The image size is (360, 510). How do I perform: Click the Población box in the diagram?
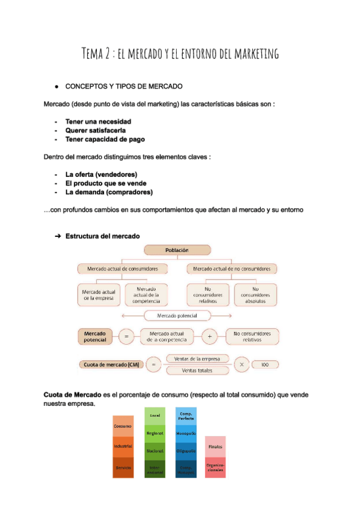coord(177,250)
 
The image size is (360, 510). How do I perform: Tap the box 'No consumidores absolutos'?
coord(255,295)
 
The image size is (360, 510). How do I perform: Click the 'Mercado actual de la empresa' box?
coord(99,295)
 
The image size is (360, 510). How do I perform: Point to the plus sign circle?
coord(209,337)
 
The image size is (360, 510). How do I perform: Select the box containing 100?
coord(266,364)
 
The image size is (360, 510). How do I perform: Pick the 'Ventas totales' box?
coord(197,370)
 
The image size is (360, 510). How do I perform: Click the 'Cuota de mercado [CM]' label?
coord(109,364)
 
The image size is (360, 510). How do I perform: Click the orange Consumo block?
coord(123,426)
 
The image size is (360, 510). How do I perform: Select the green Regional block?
coord(154,433)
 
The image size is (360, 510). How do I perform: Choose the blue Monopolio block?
coord(186,433)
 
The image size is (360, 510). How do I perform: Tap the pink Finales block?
coord(215,446)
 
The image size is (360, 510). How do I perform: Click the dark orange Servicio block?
coord(123,467)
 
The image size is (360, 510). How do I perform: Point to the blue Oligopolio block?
coord(186,450)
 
